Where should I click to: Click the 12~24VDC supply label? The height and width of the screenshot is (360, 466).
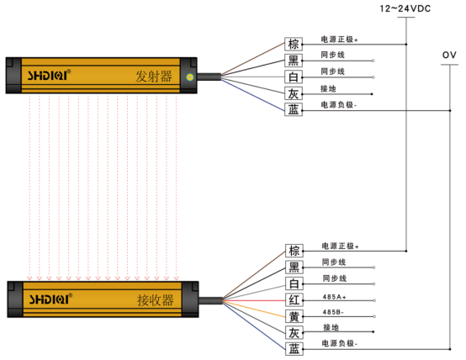[405, 8]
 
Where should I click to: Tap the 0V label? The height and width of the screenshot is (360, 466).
[449, 55]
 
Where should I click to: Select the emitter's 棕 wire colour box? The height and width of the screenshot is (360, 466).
[294, 44]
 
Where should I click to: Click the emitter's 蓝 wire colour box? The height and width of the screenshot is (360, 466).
[294, 109]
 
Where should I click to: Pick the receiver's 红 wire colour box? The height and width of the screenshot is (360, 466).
[294, 299]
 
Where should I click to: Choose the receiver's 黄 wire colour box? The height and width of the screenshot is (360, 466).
[294, 316]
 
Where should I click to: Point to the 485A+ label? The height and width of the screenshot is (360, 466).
[334, 297]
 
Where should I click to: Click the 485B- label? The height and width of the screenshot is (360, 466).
[333, 312]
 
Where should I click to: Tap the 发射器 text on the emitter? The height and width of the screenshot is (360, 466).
[154, 77]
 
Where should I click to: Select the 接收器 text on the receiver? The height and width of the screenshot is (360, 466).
[155, 300]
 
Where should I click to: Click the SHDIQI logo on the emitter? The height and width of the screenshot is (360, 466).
[49, 75]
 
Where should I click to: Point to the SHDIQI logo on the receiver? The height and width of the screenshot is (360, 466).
[50, 299]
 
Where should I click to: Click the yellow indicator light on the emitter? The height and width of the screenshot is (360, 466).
[189, 77]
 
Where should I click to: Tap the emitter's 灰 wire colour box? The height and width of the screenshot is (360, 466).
[294, 93]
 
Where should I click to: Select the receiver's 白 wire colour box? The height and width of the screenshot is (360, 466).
[294, 283]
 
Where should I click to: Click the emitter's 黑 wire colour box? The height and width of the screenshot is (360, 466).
[294, 61]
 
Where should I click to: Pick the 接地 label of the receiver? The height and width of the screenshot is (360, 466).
[331, 327]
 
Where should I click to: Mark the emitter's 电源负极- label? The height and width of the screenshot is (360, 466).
[339, 104]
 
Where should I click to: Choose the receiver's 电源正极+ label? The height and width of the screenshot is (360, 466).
[340, 246]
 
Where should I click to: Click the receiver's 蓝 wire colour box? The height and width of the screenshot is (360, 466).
[294, 349]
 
